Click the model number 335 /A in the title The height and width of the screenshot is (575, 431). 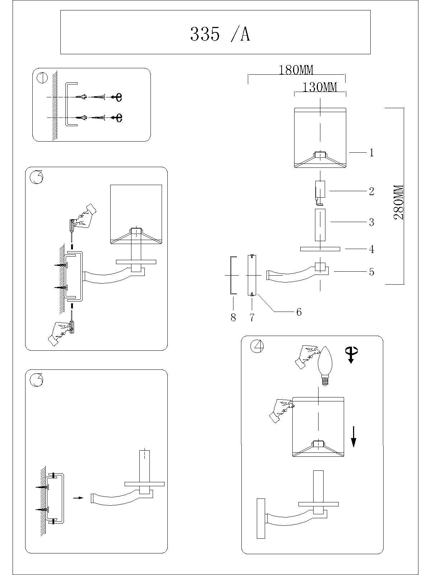(220, 34)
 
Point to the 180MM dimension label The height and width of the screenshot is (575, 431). (296, 70)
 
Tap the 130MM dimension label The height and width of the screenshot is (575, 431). (320, 87)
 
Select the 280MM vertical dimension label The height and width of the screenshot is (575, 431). (399, 202)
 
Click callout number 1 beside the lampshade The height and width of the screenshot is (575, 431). (372, 153)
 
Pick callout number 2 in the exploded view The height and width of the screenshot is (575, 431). (372, 191)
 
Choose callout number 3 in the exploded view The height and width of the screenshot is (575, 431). (372, 222)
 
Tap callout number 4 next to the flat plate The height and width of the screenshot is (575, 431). (372, 249)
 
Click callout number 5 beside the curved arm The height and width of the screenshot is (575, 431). (372, 272)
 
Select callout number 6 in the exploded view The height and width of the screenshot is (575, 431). (299, 312)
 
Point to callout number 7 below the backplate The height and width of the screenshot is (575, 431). (252, 317)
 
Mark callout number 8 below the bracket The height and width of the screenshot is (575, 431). (233, 317)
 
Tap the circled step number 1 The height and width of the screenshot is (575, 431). (43, 78)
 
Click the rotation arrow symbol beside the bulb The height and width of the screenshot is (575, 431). (351, 354)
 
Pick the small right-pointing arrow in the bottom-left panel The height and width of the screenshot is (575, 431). (78, 498)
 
